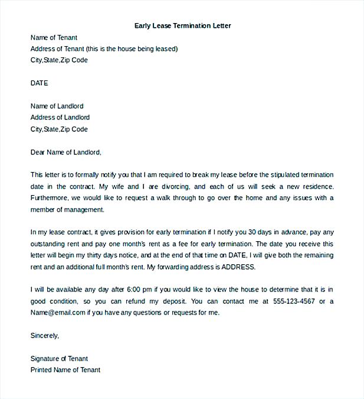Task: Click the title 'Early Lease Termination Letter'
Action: click(183, 25)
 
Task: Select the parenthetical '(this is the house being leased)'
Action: click(132, 48)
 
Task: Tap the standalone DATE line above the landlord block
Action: click(39, 83)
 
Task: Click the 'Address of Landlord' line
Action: click(60, 118)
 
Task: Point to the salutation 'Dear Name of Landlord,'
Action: click(66, 152)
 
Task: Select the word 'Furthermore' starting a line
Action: click(49, 197)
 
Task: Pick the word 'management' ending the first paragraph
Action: click(84, 209)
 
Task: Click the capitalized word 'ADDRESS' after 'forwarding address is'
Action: click(238, 267)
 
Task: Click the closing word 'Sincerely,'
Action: click(45, 335)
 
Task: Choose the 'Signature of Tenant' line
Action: click(59, 358)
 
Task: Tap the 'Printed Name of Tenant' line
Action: click(65, 369)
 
